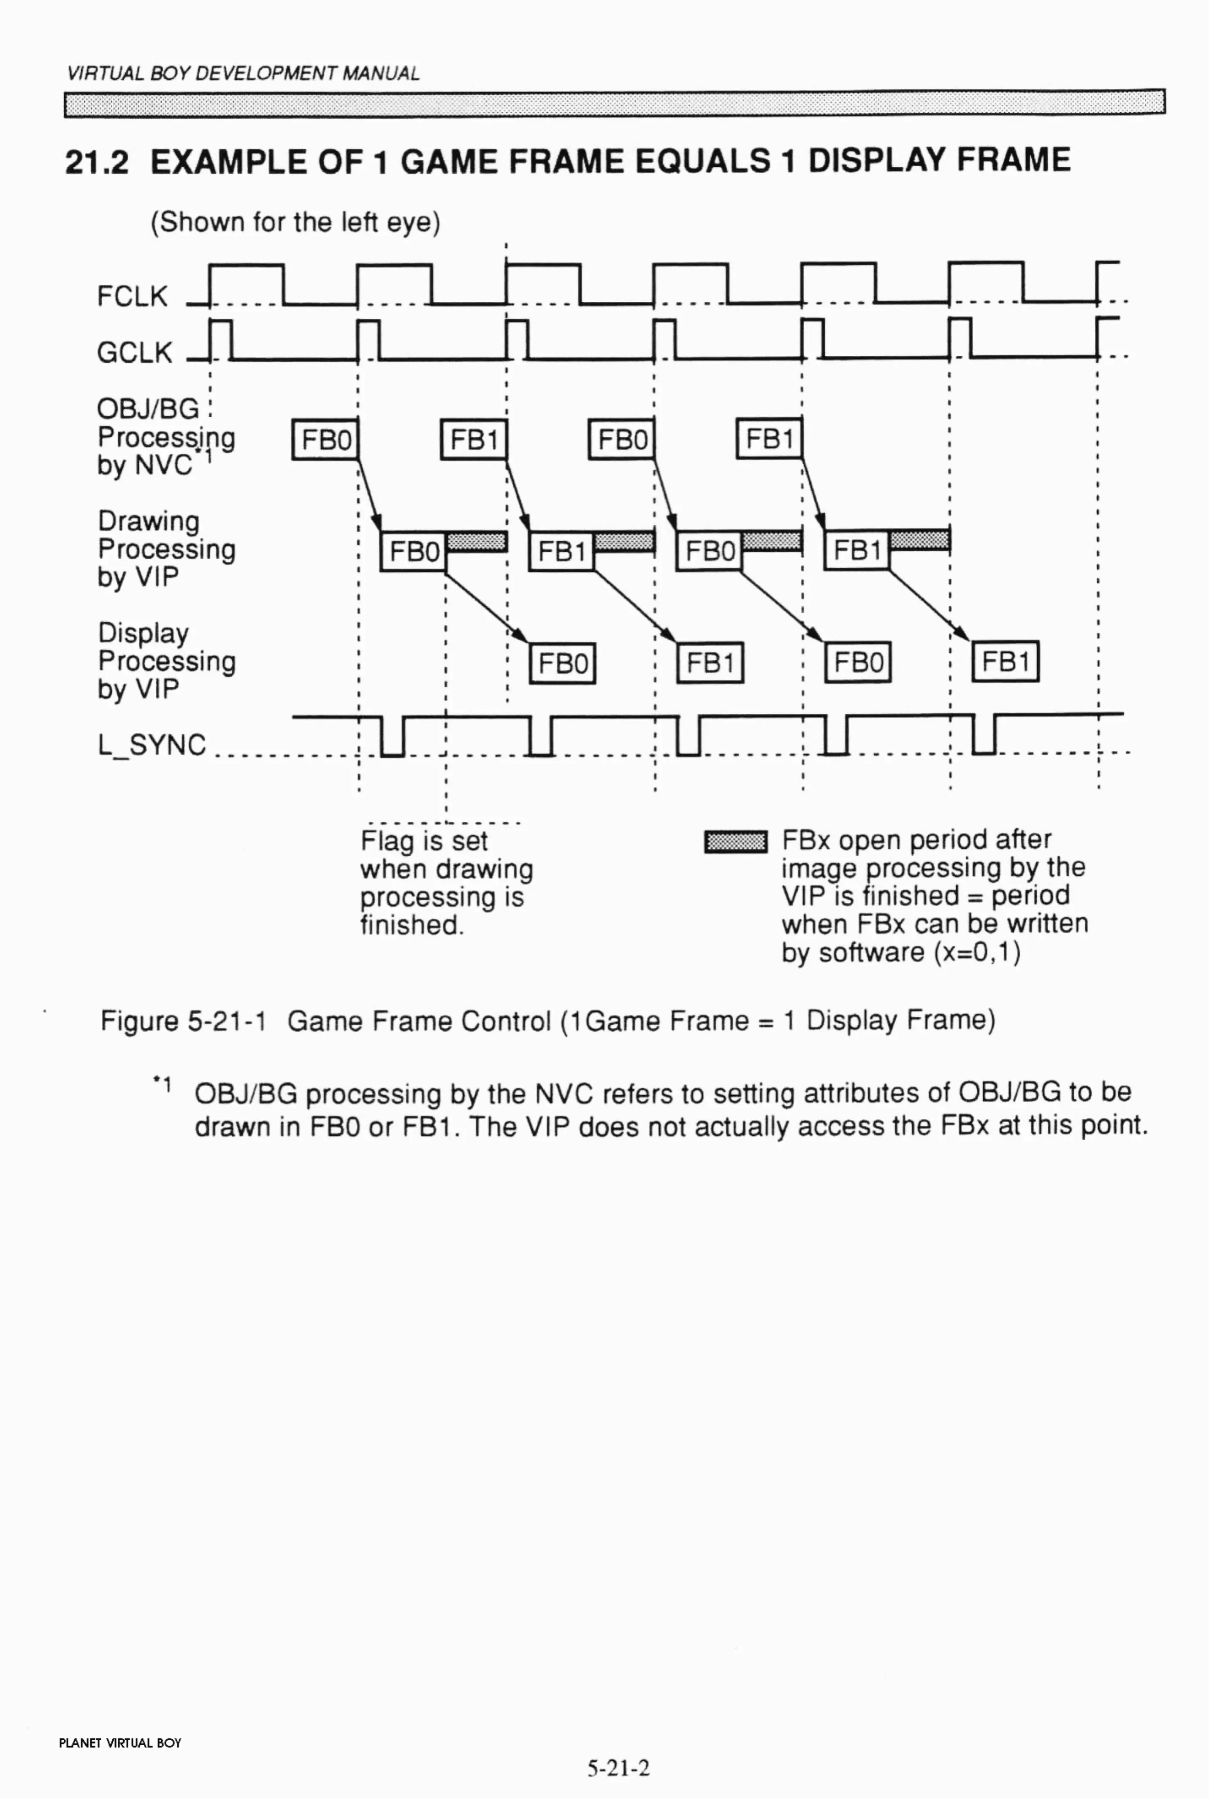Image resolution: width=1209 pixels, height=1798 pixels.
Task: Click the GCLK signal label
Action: pos(134,353)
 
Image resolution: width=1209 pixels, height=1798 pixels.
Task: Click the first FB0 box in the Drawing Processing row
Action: pos(413,552)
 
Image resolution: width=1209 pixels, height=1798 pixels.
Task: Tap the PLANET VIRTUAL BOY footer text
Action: pos(120,1743)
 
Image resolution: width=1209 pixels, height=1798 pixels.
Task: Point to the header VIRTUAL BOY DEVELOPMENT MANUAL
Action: pos(243,74)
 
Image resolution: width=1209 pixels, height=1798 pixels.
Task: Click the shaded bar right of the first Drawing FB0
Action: pos(476,542)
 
